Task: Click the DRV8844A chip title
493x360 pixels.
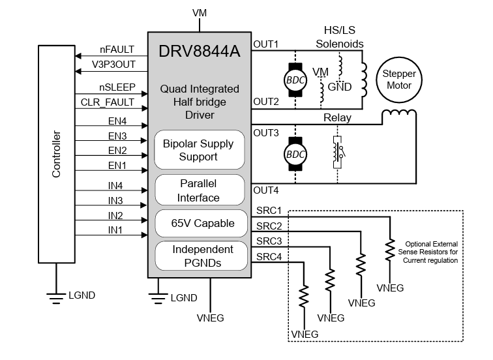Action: coord(199,50)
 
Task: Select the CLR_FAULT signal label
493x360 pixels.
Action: coord(108,102)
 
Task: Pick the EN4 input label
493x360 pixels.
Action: coord(117,121)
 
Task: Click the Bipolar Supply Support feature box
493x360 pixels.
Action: coord(199,149)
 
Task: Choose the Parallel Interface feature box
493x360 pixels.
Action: coord(199,190)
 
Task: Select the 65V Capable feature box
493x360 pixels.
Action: coord(199,223)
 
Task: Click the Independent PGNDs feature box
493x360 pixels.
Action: coord(199,256)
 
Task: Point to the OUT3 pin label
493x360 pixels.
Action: coord(266,132)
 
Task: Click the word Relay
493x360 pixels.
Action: coord(337,118)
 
